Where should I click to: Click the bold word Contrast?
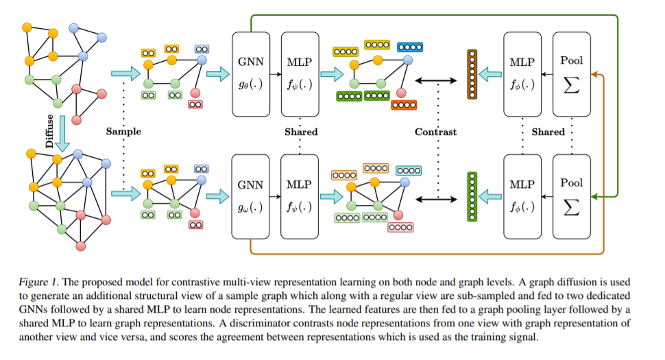click(x=436, y=132)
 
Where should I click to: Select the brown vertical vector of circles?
click(x=472, y=76)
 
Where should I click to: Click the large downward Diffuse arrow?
click(x=62, y=132)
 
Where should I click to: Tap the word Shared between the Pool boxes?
click(x=548, y=132)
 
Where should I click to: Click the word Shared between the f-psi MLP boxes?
click(x=301, y=132)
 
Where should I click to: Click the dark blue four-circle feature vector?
click(x=410, y=48)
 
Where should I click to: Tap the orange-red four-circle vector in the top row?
click(x=403, y=105)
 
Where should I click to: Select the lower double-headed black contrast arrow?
click(x=436, y=199)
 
